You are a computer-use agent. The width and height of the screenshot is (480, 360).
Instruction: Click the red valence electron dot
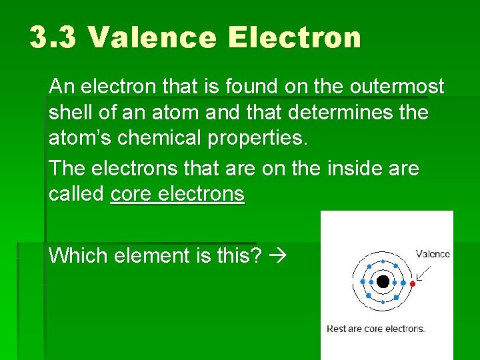[413, 284]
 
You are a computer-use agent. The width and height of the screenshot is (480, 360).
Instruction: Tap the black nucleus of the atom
[383, 282]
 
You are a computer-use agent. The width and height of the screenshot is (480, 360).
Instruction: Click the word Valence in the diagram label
[433, 253]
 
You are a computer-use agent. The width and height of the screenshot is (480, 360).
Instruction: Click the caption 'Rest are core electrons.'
[375, 328]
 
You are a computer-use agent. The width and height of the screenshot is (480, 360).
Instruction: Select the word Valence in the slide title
[151, 38]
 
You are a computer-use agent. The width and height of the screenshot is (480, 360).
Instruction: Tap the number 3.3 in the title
[53, 38]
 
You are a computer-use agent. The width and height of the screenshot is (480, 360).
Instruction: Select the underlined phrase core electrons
[177, 195]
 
